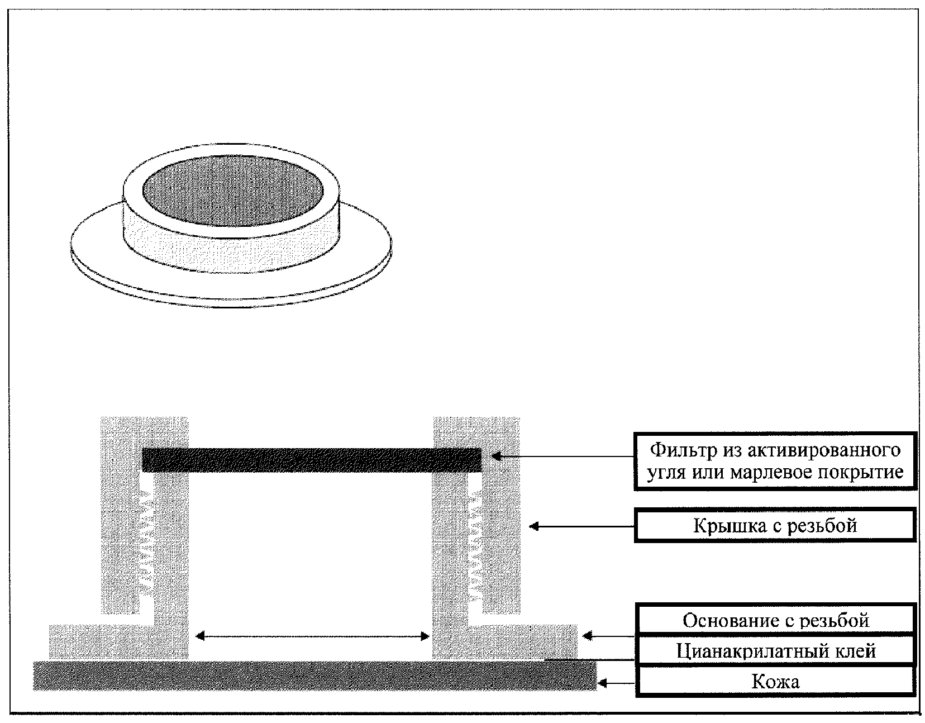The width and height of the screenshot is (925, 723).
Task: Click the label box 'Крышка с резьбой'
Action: pos(775,525)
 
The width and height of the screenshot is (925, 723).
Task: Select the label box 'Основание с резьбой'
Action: pos(775,620)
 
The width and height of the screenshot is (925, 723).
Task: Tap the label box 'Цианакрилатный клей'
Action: pos(775,651)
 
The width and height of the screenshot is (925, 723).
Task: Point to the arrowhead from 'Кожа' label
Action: pos(602,682)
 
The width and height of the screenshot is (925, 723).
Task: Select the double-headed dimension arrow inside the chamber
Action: pos(312,636)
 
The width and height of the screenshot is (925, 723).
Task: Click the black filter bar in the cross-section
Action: pos(312,460)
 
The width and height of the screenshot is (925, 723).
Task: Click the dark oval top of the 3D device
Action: pos(232,192)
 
